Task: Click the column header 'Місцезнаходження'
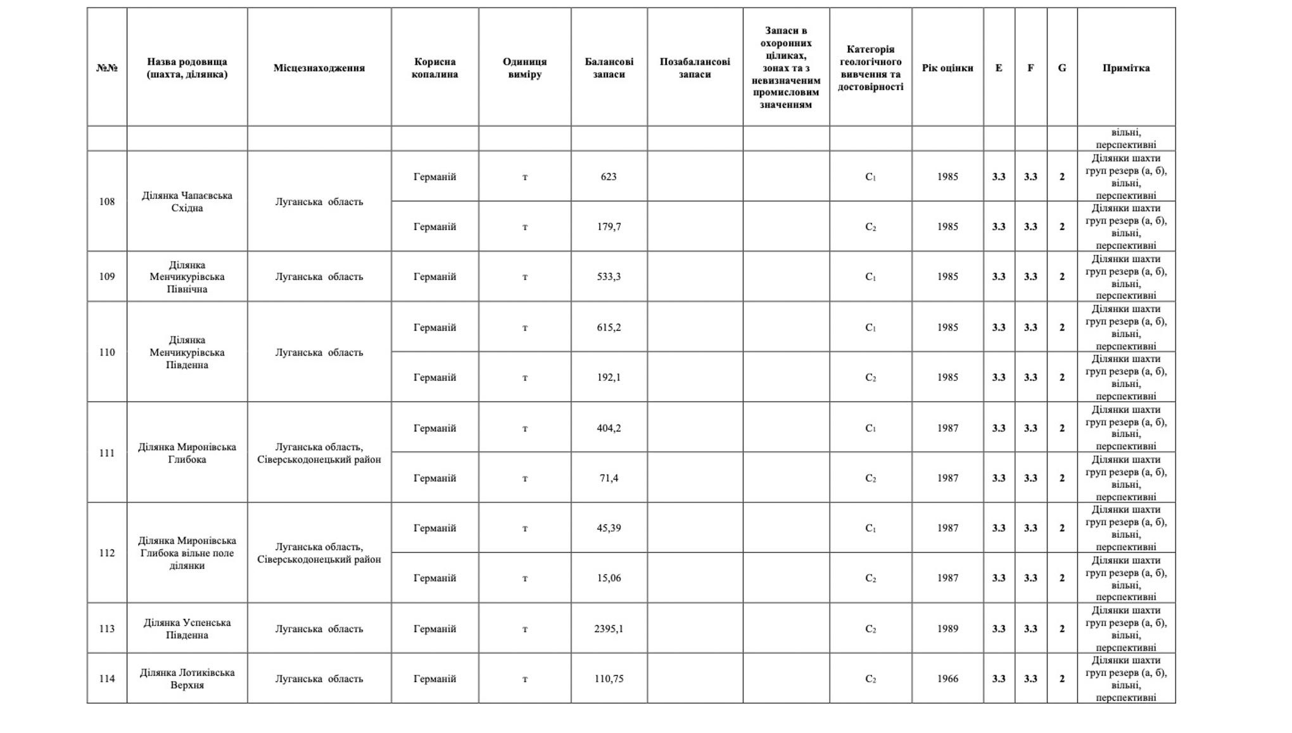tap(319, 68)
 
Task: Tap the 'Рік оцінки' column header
tap(947, 68)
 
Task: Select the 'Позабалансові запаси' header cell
tap(694, 68)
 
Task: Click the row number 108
tap(106, 201)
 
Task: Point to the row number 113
tap(106, 628)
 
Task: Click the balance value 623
tap(608, 177)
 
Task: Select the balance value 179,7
tap(608, 227)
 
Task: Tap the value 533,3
tap(608, 277)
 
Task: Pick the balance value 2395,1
tap(608, 628)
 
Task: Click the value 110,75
tap(608, 679)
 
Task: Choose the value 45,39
tap(608, 528)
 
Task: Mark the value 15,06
tap(608, 578)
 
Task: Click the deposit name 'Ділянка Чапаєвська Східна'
tap(187, 201)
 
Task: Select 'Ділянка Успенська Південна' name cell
tap(187, 628)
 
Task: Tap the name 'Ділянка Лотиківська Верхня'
tap(187, 679)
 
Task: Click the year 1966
tap(947, 679)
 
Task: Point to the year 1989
tap(947, 628)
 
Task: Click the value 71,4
tap(608, 478)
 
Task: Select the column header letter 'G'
tap(1061, 68)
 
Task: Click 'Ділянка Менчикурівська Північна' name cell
tap(187, 277)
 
